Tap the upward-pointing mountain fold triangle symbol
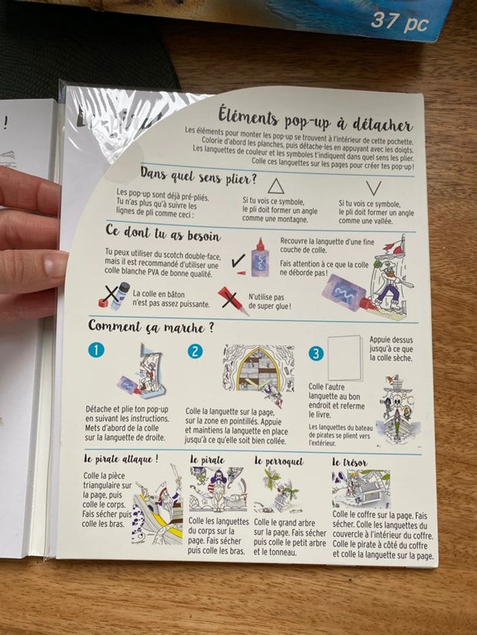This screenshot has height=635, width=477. (x=276, y=186)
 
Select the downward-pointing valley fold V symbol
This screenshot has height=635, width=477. (x=373, y=188)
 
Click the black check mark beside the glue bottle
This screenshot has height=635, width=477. (x=238, y=261)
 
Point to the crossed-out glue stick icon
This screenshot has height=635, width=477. (x=114, y=296)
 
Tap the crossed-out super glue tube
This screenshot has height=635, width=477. (x=233, y=300)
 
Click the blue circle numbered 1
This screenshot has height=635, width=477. (x=96, y=350)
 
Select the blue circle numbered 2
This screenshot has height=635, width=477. (x=195, y=351)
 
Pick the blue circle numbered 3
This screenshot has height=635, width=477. (x=316, y=353)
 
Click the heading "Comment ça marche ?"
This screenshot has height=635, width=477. (x=151, y=327)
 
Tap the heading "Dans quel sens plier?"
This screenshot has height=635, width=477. (x=199, y=176)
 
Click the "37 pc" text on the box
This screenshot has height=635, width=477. (x=400, y=22)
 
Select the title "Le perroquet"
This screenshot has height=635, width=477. (x=279, y=461)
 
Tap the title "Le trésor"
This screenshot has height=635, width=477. (x=350, y=462)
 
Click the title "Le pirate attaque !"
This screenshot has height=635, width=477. (x=121, y=459)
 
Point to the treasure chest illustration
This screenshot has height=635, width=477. (x=361, y=489)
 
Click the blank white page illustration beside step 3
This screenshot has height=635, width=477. (x=344, y=358)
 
